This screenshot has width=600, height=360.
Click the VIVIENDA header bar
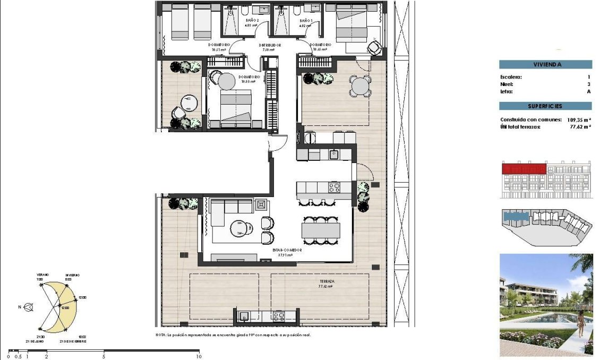point(545,65)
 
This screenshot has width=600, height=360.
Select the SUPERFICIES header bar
point(545,106)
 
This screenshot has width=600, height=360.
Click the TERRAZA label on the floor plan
point(325,281)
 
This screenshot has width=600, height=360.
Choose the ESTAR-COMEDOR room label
point(287,250)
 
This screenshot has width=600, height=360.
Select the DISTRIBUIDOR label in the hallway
point(270,45)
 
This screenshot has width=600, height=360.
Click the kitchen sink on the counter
point(333,155)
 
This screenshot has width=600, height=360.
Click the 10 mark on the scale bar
point(199,356)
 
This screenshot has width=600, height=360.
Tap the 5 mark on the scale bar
point(104,356)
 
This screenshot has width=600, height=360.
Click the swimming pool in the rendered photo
point(552,318)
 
